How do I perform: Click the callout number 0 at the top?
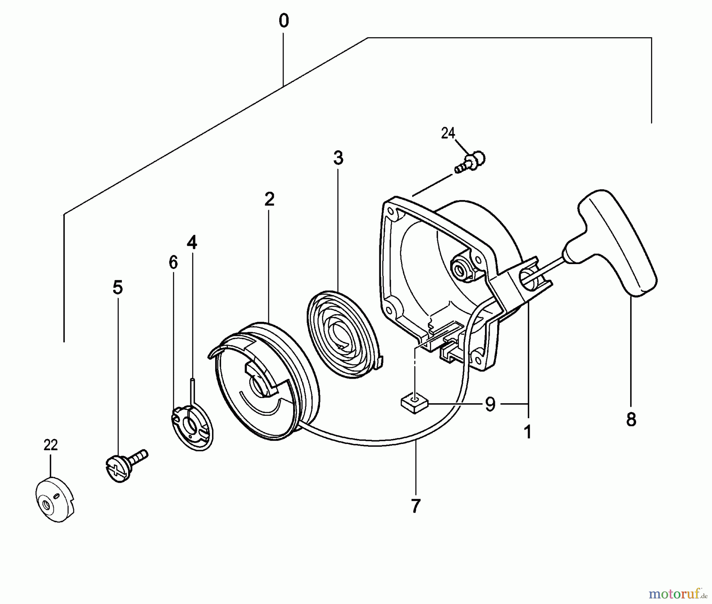(x=284, y=21)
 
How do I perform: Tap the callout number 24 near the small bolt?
(x=448, y=134)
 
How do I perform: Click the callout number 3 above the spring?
(x=338, y=158)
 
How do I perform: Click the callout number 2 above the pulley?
(x=269, y=199)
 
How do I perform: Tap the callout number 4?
(x=192, y=242)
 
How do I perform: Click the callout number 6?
(x=173, y=262)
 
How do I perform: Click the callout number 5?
(x=117, y=287)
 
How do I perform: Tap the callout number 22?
(x=51, y=445)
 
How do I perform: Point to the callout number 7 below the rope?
(x=415, y=506)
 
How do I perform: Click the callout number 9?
(x=490, y=404)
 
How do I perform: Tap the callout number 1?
(x=528, y=432)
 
